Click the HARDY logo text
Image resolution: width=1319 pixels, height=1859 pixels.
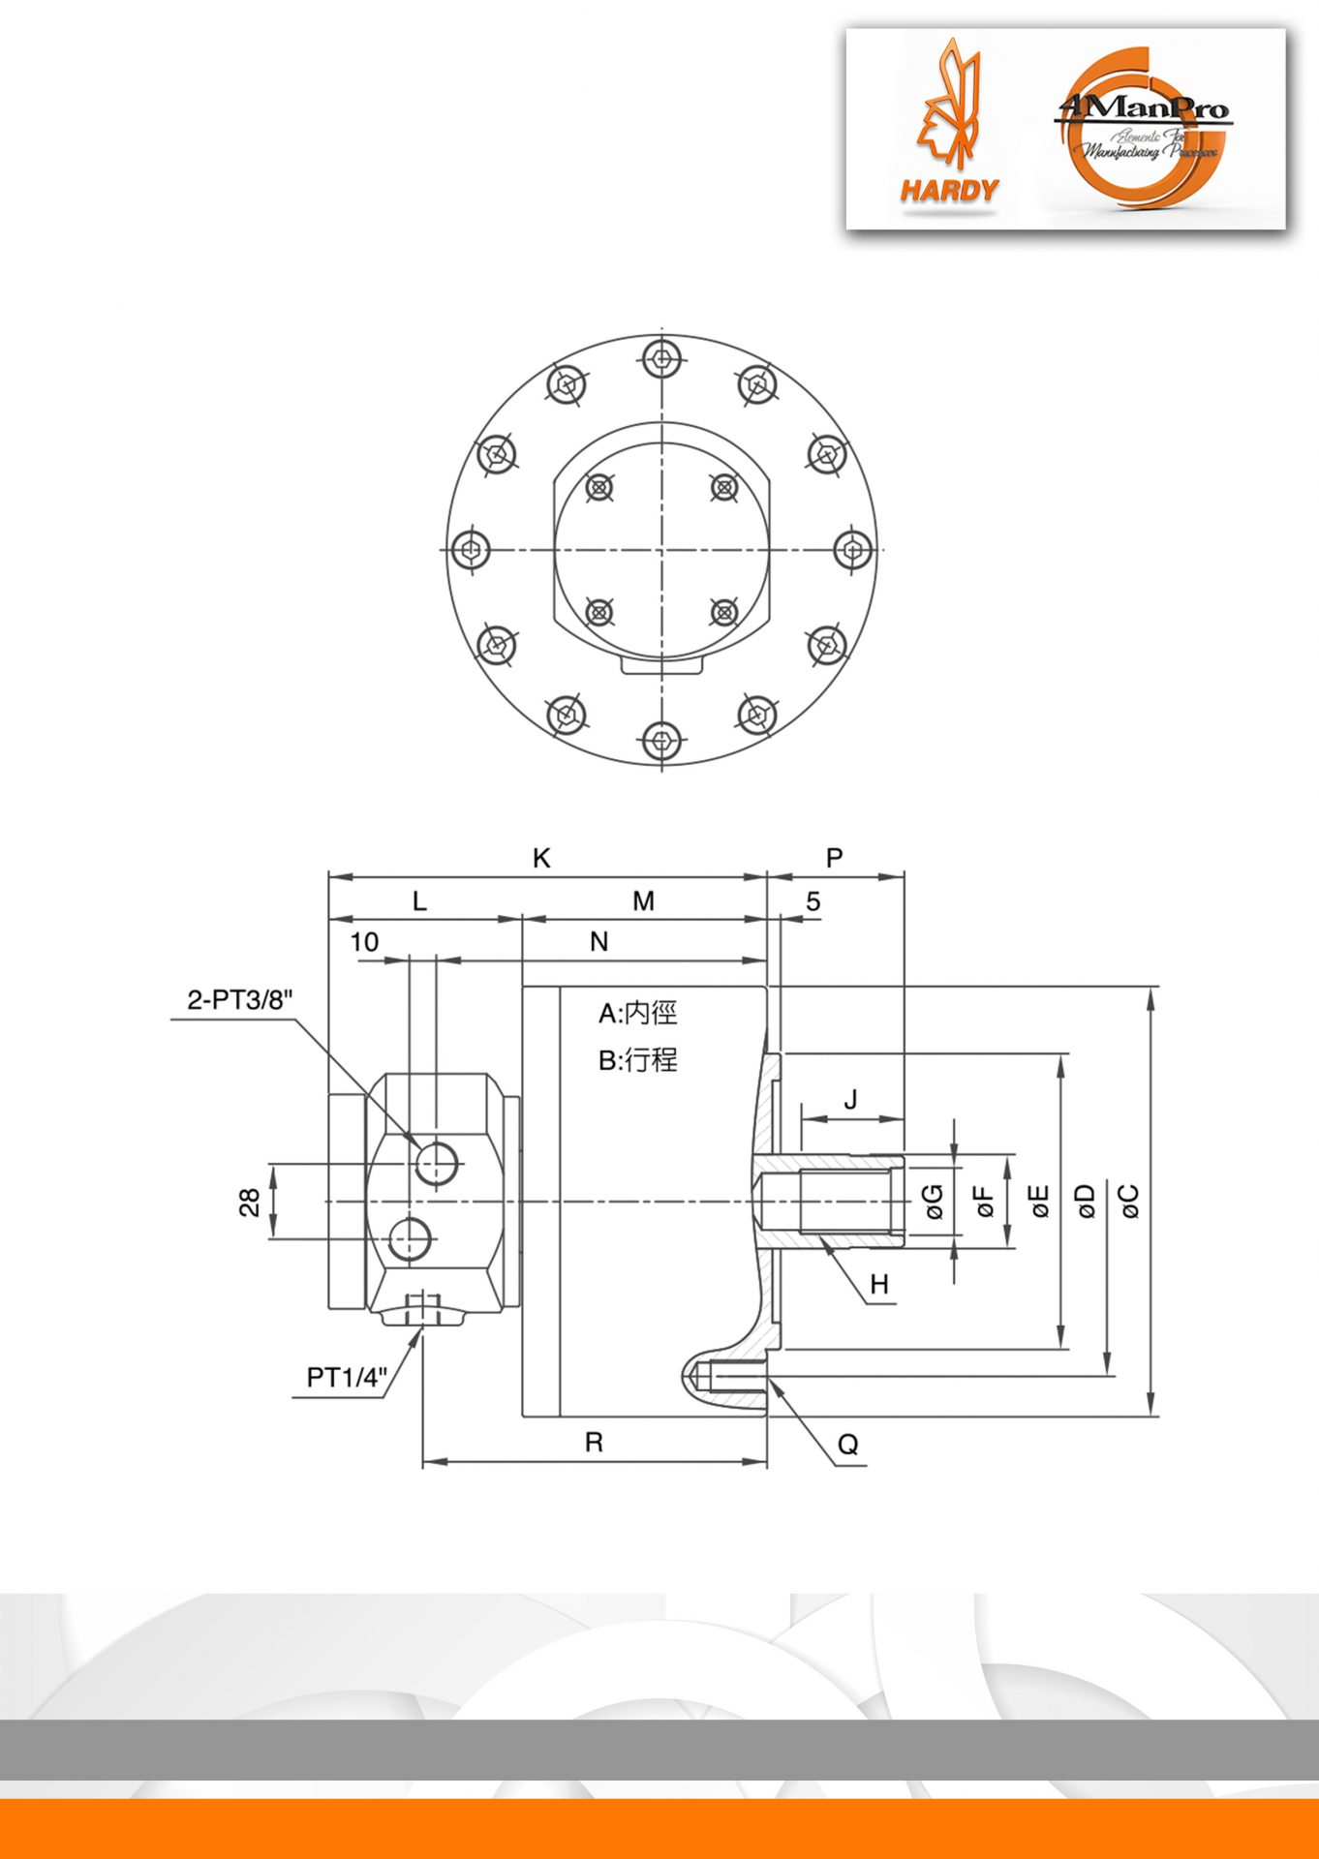948,190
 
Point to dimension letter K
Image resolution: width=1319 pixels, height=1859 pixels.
541,858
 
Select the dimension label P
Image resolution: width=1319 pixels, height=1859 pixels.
834,858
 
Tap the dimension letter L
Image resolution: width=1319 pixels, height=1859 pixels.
419,901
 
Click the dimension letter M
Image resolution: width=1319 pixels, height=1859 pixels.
643,901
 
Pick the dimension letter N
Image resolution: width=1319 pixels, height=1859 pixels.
598,941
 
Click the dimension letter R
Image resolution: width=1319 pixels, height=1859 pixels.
594,1443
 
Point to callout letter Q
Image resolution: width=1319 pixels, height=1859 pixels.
847,1445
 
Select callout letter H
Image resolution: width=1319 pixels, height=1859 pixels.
878,1285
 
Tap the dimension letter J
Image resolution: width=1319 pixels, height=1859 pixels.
850,1100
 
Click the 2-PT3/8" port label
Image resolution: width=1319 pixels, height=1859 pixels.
239,1000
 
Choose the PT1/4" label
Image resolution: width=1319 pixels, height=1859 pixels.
347,1377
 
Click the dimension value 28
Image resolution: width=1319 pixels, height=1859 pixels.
250,1203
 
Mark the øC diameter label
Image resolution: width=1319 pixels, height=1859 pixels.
1128,1201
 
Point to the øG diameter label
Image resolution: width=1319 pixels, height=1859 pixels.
934,1201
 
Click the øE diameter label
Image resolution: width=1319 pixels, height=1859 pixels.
1039,1201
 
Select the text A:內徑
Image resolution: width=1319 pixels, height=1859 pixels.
637,1014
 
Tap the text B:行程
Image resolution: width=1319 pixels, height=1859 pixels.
637,1060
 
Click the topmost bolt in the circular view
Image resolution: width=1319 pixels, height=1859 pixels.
661,359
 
